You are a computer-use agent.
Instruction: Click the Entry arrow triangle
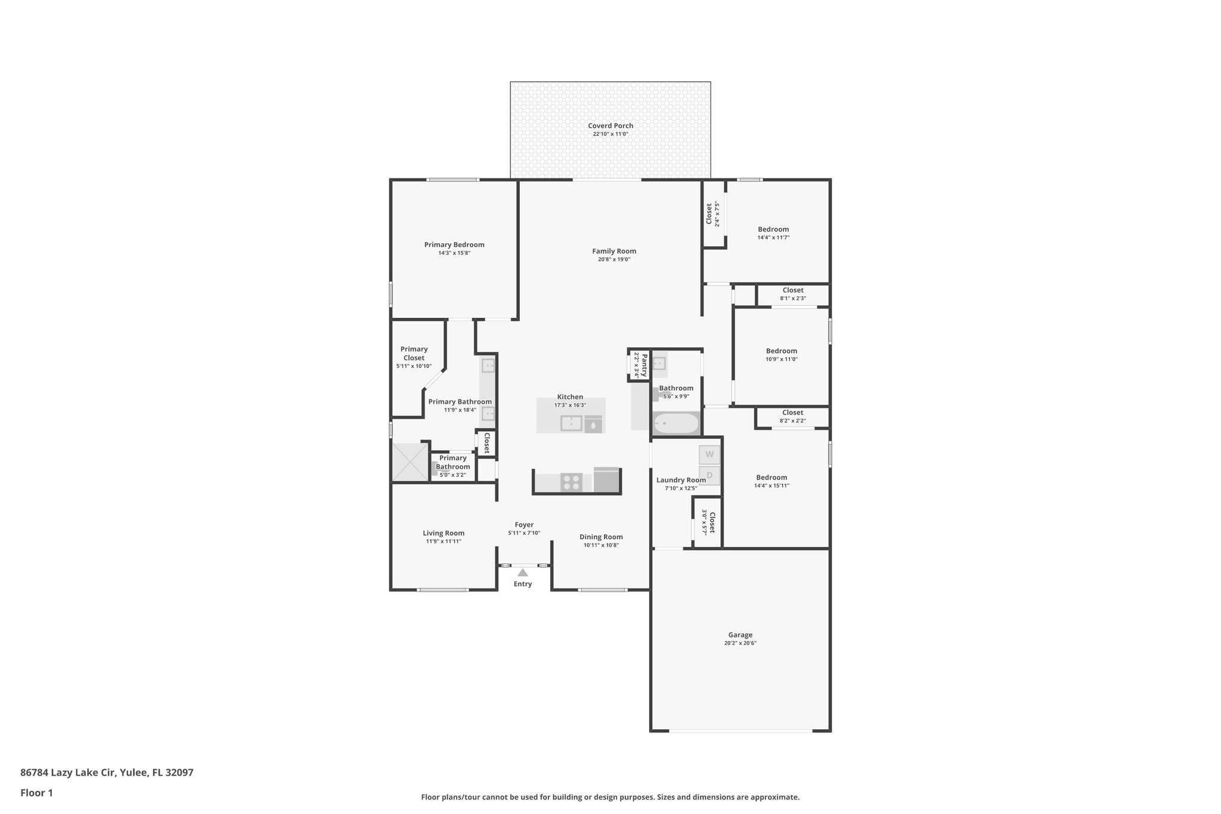[522, 572]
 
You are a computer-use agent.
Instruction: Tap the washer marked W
[709, 454]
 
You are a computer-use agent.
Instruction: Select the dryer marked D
[709, 475]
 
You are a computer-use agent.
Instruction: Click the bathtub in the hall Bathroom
[676, 423]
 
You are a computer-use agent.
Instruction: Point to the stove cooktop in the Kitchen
[571, 482]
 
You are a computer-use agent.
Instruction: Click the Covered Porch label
[610, 126]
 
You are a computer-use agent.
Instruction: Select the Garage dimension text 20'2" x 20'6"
[740, 643]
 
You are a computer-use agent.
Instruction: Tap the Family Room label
[614, 251]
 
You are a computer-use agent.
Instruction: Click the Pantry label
[644, 364]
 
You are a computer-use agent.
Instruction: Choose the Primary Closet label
[414, 354]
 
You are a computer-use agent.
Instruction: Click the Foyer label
[524, 525]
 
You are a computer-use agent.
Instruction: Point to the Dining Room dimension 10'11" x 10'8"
[601, 545]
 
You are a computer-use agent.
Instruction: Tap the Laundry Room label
[681, 480]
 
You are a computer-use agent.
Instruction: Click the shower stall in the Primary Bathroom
[410, 462]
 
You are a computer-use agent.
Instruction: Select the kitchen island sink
[571, 423]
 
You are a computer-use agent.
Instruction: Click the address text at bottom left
[107, 772]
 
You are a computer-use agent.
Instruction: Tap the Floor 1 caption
[36, 793]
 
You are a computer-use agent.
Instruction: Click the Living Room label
[444, 533]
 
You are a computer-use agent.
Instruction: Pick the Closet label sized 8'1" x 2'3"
[793, 290]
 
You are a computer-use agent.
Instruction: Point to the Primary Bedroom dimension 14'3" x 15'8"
[454, 253]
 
